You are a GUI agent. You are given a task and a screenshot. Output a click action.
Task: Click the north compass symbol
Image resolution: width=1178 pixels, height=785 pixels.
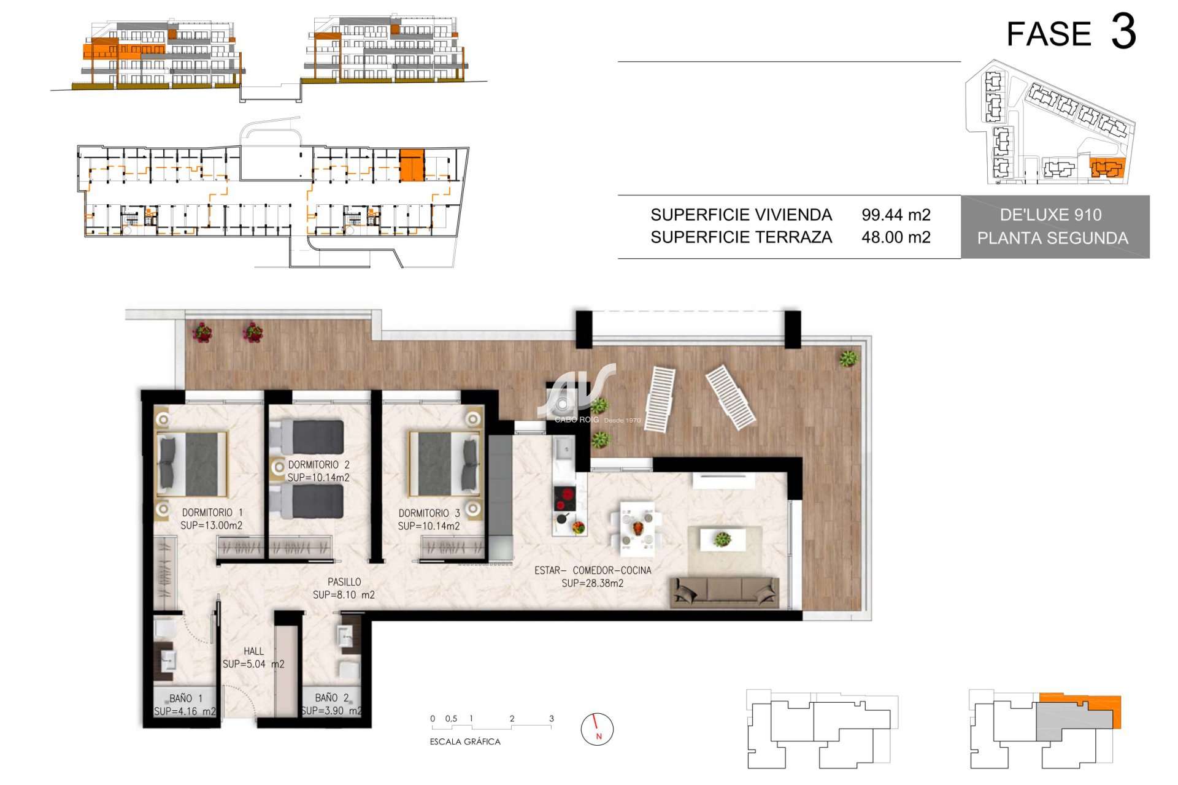597,729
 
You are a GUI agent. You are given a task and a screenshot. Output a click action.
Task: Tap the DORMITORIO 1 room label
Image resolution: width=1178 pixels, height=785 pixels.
212,512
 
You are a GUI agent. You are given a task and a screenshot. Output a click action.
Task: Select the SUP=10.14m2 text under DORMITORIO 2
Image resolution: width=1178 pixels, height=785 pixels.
318,477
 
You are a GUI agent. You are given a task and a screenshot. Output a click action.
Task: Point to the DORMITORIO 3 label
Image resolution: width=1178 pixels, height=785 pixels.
429,513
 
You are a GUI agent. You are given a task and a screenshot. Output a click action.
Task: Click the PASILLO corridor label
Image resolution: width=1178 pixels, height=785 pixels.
344,581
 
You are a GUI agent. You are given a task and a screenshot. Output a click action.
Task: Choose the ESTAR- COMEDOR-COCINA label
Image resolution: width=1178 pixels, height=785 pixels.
593,570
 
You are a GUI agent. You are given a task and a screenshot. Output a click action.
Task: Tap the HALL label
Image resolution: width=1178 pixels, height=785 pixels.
253,651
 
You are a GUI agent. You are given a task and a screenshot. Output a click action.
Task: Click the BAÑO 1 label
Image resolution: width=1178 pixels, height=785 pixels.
185,698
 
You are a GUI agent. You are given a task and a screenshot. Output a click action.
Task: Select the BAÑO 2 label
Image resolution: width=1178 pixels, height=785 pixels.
332,697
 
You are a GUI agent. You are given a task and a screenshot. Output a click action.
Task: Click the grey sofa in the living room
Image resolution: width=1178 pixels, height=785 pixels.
725,592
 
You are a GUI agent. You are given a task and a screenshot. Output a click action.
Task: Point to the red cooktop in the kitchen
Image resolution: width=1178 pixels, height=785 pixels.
565,499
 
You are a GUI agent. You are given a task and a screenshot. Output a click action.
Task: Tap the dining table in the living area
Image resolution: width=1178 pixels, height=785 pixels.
637,526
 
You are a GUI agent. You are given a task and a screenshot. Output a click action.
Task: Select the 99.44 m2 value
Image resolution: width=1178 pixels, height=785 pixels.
896,215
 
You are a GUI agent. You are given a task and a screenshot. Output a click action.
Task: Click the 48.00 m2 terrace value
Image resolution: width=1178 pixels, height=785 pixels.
896,237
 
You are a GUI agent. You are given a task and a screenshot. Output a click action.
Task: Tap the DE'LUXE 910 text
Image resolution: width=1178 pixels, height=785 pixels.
1050,215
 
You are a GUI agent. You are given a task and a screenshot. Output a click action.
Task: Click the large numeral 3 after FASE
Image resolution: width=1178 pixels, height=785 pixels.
1123,32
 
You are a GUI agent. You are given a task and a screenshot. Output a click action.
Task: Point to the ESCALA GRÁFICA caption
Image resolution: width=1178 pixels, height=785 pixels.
465,741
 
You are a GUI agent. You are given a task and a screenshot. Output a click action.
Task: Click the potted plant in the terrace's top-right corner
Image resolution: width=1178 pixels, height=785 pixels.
849,358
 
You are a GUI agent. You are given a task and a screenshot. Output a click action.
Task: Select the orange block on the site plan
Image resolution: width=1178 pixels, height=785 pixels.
1106,167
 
